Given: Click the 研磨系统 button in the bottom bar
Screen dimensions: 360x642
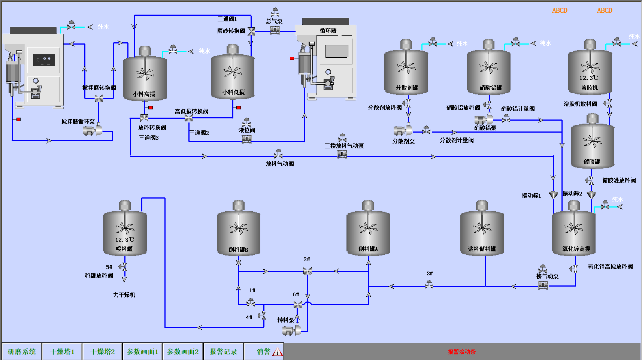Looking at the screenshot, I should click(x=22, y=351).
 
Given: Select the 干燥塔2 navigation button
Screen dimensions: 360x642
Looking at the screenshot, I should click(x=103, y=351).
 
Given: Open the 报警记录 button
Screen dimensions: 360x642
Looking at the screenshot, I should click(x=223, y=351).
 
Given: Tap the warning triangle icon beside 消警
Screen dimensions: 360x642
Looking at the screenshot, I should click(x=277, y=352).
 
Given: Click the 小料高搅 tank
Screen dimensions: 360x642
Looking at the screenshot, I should click(x=145, y=77).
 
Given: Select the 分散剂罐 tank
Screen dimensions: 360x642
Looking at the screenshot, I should click(x=406, y=71).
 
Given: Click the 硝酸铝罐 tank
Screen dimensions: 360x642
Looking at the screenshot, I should click(x=488, y=71).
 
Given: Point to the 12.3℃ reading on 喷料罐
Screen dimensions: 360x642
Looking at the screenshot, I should click(x=124, y=240).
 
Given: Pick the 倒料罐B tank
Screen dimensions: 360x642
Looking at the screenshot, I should click(x=239, y=232).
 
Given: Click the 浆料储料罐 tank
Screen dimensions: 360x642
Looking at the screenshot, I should click(x=482, y=232).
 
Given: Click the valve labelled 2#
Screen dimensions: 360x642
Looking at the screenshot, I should click(x=308, y=271).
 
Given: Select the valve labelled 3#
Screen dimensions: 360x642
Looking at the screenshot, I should click(x=429, y=285).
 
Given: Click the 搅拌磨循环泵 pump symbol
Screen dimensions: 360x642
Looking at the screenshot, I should click(x=92, y=130).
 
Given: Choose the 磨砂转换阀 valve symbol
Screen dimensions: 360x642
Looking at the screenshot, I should click(x=251, y=32).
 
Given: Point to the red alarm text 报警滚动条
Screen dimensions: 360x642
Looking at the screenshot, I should click(x=461, y=352).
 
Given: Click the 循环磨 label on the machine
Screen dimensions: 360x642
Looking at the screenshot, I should click(x=328, y=30).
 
